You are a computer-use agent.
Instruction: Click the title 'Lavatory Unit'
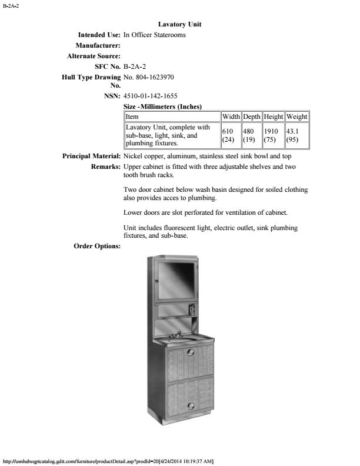pyautogui.click(x=180, y=24)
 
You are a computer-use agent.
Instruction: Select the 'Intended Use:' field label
pyautogui.click(x=95, y=35)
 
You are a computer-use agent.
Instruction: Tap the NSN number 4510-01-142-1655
pyautogui.click(x=151, y=96)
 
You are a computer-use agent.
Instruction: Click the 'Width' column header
pyautogui.click(x=231, y=117)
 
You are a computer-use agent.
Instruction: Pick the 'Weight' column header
pyautogui.click(x=296, y=117)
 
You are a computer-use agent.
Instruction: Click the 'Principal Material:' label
pyautogui.click(x=92, y=157)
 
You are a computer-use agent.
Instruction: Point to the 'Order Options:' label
pyautogui.click(x=97, y=246)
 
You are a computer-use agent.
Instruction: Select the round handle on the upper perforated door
pyautogui.click(x=189, y=352)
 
